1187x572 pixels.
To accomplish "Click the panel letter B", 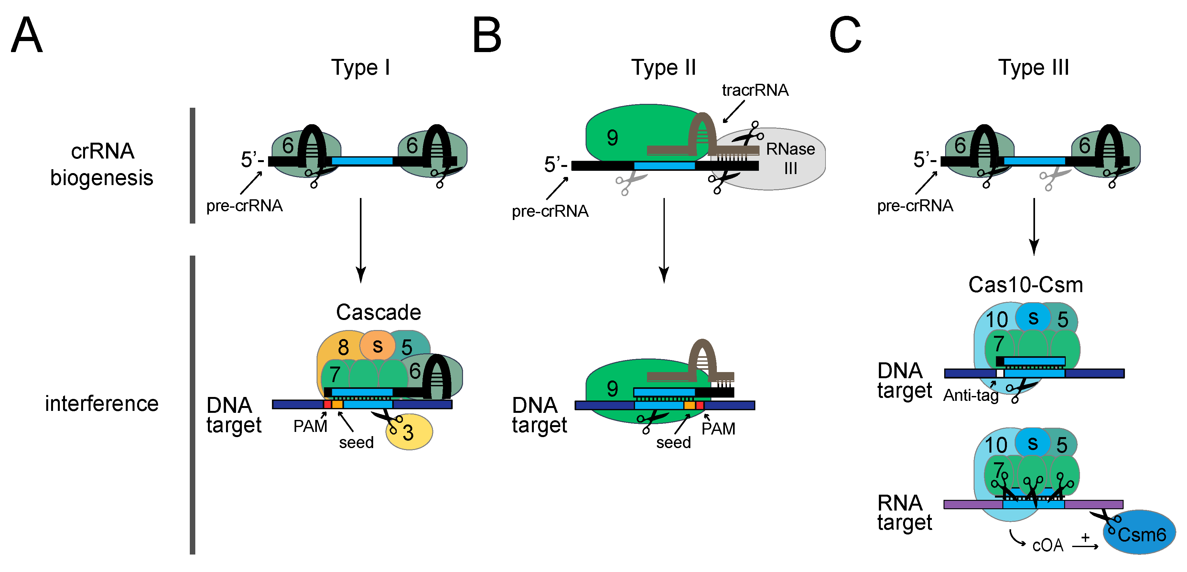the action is point(487,35).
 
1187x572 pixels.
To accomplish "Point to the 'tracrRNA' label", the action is point(755,90).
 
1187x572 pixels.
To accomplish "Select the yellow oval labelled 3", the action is point(409,432).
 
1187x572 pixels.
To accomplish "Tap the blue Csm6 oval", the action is point(1139,532).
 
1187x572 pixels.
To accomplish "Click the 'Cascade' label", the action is point(378,313).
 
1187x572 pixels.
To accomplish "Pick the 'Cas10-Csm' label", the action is point(1026,285).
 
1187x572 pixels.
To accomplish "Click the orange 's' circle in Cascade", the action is point(377,345).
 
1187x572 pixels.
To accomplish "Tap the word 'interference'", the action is point(102,404).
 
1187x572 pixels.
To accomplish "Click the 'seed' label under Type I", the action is point(356,443).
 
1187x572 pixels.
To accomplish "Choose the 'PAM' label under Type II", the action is point(718,429).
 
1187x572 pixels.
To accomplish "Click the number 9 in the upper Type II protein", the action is point(612,138).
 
